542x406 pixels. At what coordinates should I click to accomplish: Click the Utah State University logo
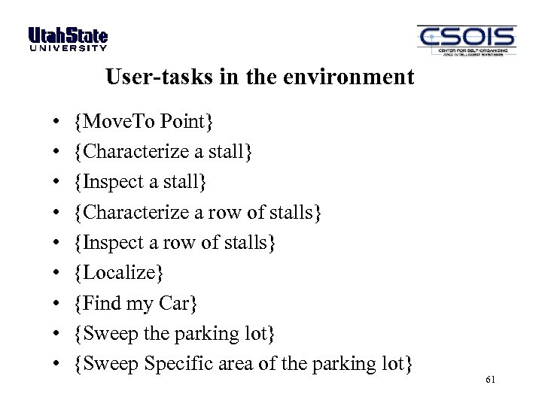(68, 38)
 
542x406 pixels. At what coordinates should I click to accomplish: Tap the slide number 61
(491, 380)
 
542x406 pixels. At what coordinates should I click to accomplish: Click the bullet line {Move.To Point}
(145, 121)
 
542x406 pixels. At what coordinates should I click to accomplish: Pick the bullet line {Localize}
(119, 273)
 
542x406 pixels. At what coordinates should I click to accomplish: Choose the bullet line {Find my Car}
(136, 303)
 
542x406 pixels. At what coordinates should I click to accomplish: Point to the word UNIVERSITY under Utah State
(68, 48)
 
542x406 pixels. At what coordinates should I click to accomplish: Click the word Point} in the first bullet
(193, 121)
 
